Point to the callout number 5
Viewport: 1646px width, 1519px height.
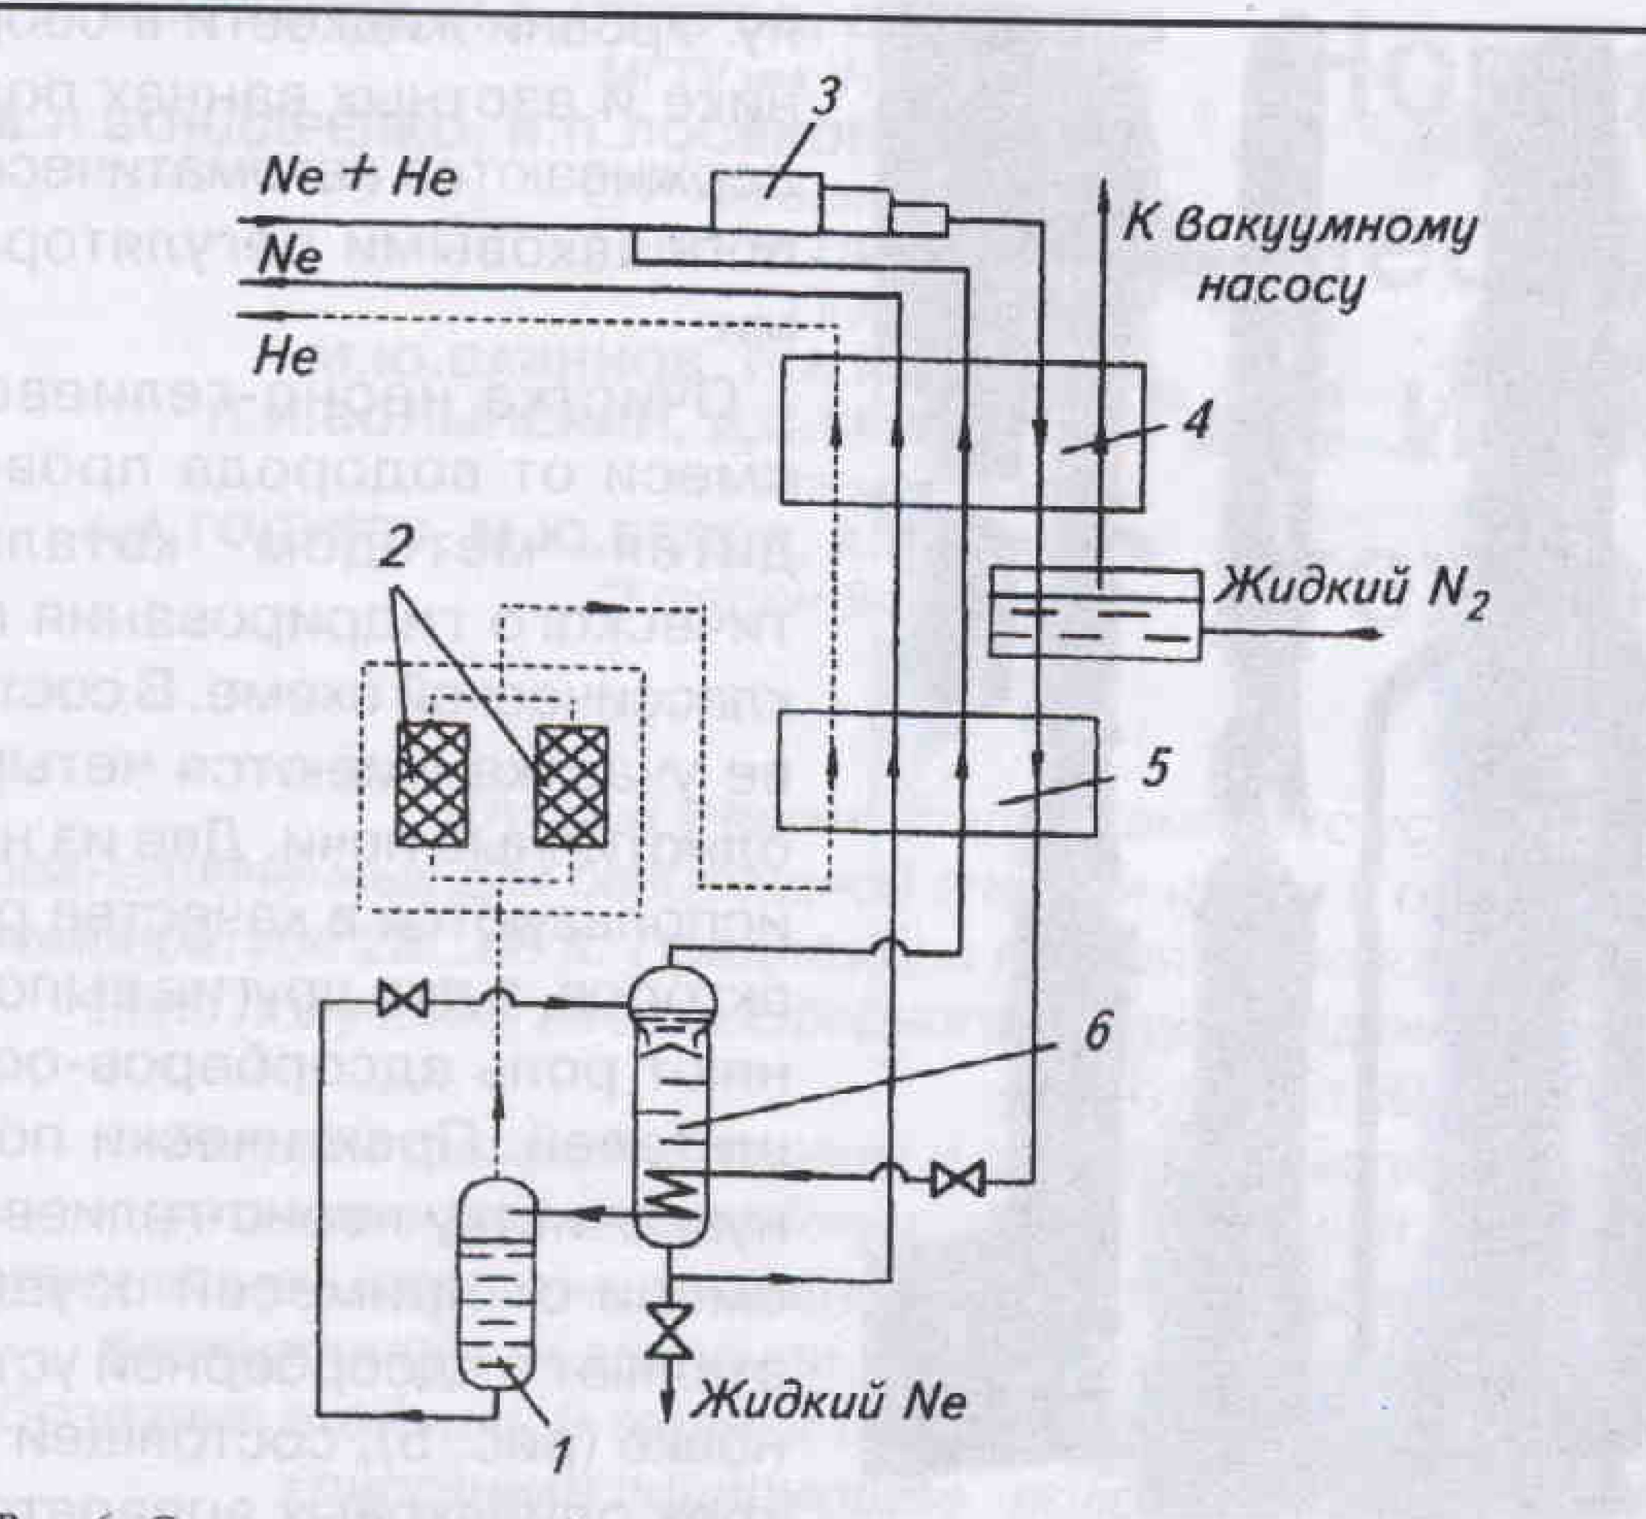point(1155,769)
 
